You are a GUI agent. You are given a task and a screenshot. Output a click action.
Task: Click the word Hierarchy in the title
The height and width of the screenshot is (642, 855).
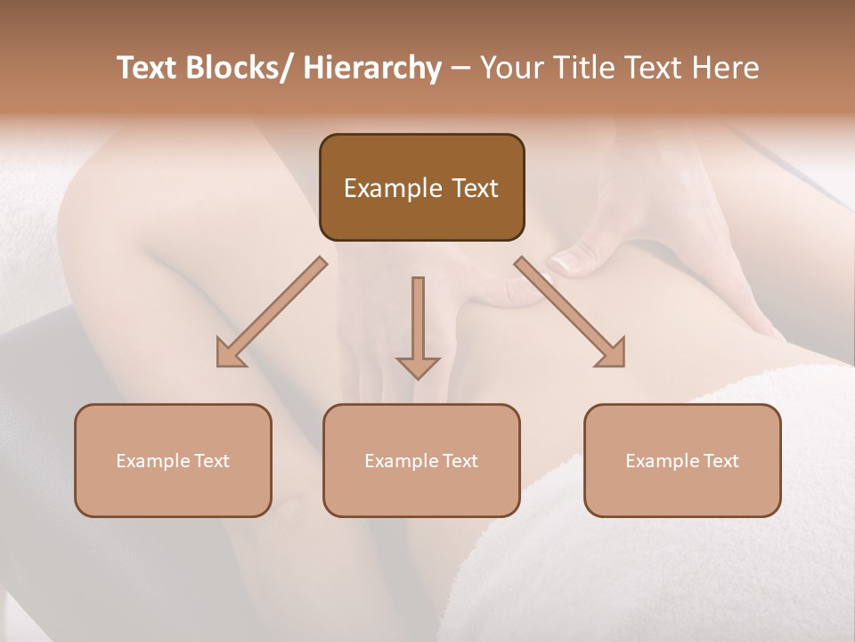(x=371, y=69)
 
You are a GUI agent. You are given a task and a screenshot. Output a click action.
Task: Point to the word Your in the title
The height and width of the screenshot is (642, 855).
(x=510, y=69)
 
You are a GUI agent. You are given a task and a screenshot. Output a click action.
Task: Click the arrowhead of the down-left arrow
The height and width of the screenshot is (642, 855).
(x=229, y=354)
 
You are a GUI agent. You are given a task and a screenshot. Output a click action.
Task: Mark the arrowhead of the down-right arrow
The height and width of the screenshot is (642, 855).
(x=612, y=354)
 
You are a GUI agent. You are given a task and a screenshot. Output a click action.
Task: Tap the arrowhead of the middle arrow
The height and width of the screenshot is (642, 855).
(x=418, y=367)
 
